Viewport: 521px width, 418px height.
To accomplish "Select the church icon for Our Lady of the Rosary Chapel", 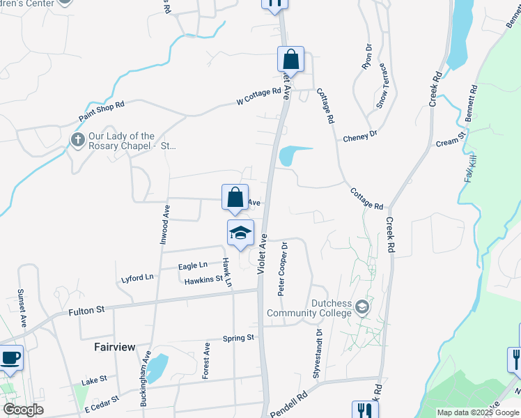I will [77, 141].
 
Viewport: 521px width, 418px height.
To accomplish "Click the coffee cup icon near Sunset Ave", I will [10, 358].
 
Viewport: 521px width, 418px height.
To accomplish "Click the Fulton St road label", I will [86, 311].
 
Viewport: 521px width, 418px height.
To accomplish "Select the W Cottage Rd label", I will [258, 96].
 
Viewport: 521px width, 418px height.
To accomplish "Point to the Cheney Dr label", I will [359, 137].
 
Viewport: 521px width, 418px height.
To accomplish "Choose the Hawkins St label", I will [203, 280].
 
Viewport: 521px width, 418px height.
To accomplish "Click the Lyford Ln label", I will [137, 277].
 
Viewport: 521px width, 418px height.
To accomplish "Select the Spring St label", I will [238, 339].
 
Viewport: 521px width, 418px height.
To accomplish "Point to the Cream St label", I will [450, 141].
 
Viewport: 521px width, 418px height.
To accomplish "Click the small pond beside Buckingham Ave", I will [157, 366].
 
